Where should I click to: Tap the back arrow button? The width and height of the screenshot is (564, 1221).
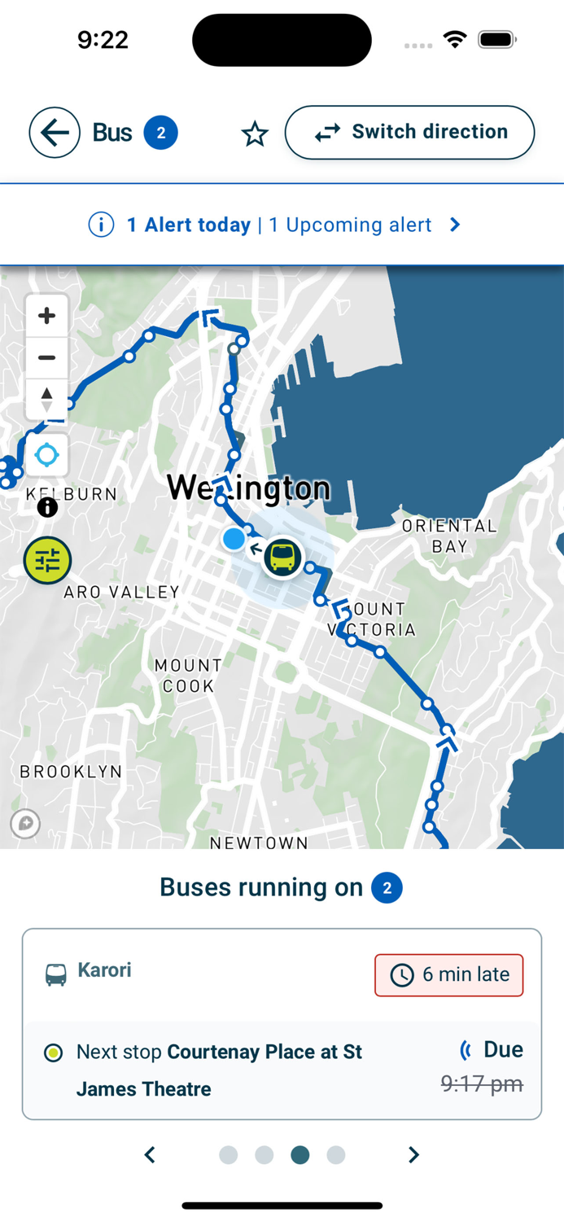(x=55, y=133)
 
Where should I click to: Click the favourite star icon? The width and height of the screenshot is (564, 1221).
(x=255, y=134)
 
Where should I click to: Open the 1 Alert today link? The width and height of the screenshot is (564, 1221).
(x=189, y=225)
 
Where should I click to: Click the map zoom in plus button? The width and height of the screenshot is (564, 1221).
(x=46, y=315)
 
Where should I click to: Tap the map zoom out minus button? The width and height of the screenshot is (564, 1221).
(x=46, y=357)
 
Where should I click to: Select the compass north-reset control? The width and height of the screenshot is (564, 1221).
(x=46, y=400)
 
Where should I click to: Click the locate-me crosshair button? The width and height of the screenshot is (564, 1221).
(x=46, y=455)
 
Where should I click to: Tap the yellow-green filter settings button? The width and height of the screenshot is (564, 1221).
(x=47, y=561)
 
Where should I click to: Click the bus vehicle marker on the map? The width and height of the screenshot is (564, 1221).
(x=282, y=558)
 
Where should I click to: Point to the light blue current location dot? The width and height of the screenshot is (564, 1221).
(x=234, y=538)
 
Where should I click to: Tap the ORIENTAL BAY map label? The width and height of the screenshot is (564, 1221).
(x=449, y=536)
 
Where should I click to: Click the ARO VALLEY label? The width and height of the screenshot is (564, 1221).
(x=122, y=592)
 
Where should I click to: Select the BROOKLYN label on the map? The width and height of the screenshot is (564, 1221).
(x=71, y=771)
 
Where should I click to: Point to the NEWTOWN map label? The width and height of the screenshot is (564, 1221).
(x=259, y=842)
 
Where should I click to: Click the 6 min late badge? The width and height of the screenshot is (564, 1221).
(x=448, y=974)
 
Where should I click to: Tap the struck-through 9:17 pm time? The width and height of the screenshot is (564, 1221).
(x=481, y=1083)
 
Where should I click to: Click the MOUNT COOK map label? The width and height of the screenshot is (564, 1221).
(x=188, y=676)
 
